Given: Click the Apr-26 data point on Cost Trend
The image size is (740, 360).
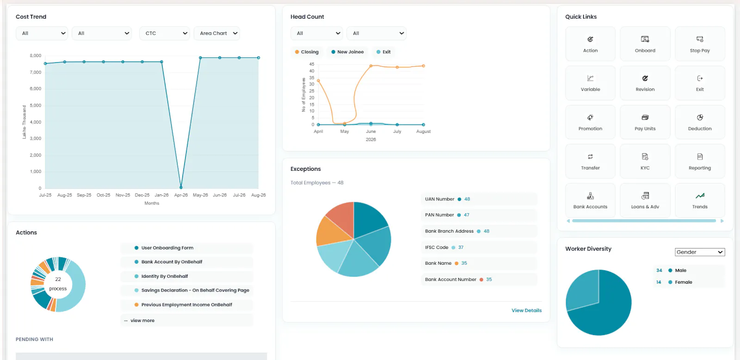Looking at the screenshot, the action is pos(181,187).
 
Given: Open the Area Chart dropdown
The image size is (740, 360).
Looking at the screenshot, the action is pos(217,33).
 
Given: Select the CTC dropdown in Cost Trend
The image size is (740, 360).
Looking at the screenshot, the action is pos(165,33).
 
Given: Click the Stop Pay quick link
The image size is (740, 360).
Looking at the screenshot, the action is pos(700,44).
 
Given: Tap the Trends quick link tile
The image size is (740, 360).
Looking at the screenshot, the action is pos(700,200).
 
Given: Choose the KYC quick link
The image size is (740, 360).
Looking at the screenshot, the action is pos(645,161).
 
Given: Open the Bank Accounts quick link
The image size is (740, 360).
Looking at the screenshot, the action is pos(590,200).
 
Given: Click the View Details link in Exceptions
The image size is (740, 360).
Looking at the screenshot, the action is pos(527,310).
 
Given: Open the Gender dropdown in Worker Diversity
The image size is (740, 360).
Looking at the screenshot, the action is pos(700,252).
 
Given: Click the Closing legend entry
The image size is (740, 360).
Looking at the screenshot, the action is pos(307,52).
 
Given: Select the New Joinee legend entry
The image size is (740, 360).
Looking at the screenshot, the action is pos(347,52).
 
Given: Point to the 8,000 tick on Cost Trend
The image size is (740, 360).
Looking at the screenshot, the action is pos(35,56).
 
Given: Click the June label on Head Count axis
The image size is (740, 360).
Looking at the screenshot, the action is pos(370,131).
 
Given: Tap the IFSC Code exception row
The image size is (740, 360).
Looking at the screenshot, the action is pos(479,247).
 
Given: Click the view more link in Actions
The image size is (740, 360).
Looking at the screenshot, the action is pos(142,321).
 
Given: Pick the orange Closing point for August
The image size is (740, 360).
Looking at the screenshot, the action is pos(424,66).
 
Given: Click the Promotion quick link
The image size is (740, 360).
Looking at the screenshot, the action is pos(590,122).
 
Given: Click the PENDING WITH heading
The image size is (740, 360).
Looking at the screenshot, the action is pos(34,340).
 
